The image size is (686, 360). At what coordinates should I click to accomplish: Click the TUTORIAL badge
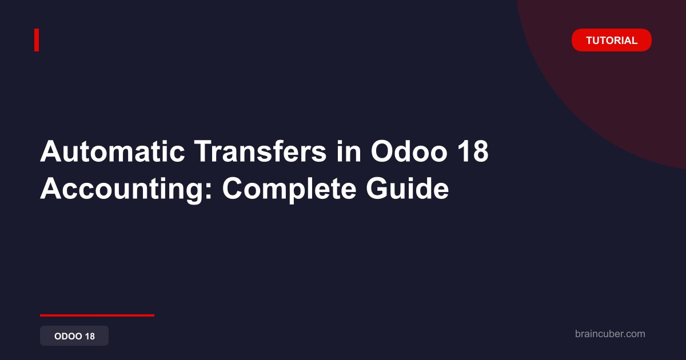click(x=611, y=40)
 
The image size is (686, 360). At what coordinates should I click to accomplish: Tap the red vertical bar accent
click(x=37, y=40)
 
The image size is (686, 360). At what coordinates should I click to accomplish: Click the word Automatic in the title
click(x=113, y=151)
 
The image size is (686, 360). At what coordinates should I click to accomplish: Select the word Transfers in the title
click(x=260, y=151)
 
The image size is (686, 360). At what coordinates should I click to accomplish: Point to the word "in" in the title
click(x=349, y=151)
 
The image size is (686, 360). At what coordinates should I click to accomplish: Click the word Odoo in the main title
click(x=409, y=151)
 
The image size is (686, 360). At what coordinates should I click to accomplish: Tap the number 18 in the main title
click(x=473, y=151)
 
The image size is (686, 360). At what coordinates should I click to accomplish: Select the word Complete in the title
click(x=289, y=189)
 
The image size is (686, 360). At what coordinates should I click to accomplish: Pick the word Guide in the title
click(x=407, y=189)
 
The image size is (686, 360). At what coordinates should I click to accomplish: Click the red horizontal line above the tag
click(x=97, y=315)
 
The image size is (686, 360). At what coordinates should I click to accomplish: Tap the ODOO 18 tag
click(x=74, y=336)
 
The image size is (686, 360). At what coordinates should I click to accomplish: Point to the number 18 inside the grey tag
click(x=90, y=336)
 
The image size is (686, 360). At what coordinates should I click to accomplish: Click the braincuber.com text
click(x=610, y=334)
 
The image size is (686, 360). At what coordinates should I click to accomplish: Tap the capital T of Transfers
click(x=204, y=151)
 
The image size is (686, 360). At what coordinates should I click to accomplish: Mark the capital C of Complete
click(x=234, y=189)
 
